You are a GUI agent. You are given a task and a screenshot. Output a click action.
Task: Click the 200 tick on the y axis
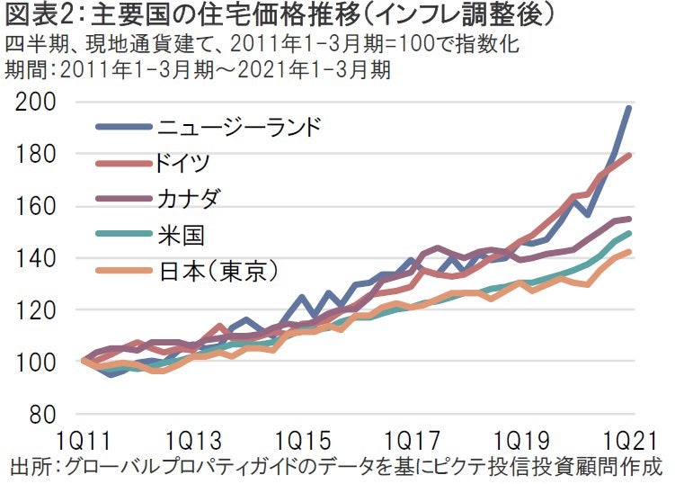pyautogui.click(x=36, y=103)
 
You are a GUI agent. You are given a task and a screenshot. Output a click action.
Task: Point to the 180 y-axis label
pyautogui.click(x=36, y=155)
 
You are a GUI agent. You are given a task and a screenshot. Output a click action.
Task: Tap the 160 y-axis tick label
pyautogui.click(x=36, y=207)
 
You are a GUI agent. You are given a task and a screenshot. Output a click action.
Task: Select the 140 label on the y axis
pyautogui.click(x=36, y=259)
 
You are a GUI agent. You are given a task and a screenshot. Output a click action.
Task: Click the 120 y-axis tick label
pyautogui.click(x=36, y=310)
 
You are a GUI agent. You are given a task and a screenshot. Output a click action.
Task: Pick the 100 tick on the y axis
pyautogui.click(x=36, y=363)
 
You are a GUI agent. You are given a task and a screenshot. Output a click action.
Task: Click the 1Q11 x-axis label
pyautogui.click(x=84, y=443)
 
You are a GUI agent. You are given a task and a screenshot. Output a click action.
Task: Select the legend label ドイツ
pyautogui.click(x=183, y=163)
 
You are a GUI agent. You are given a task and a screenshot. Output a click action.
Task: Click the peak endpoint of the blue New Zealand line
pyautogui.click(x=628, y=108)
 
